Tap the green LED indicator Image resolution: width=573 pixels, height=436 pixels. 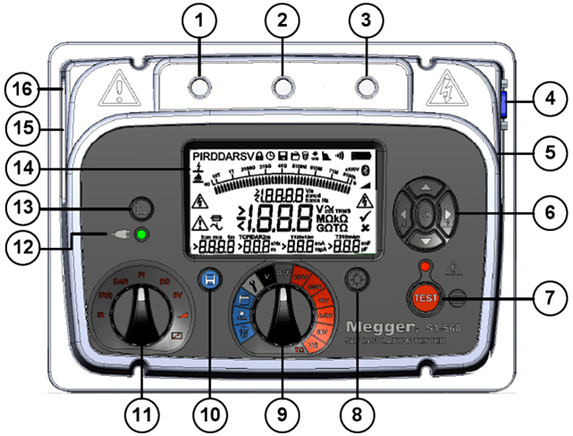point(141,236)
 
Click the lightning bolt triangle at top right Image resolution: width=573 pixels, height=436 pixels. point(445,87)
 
